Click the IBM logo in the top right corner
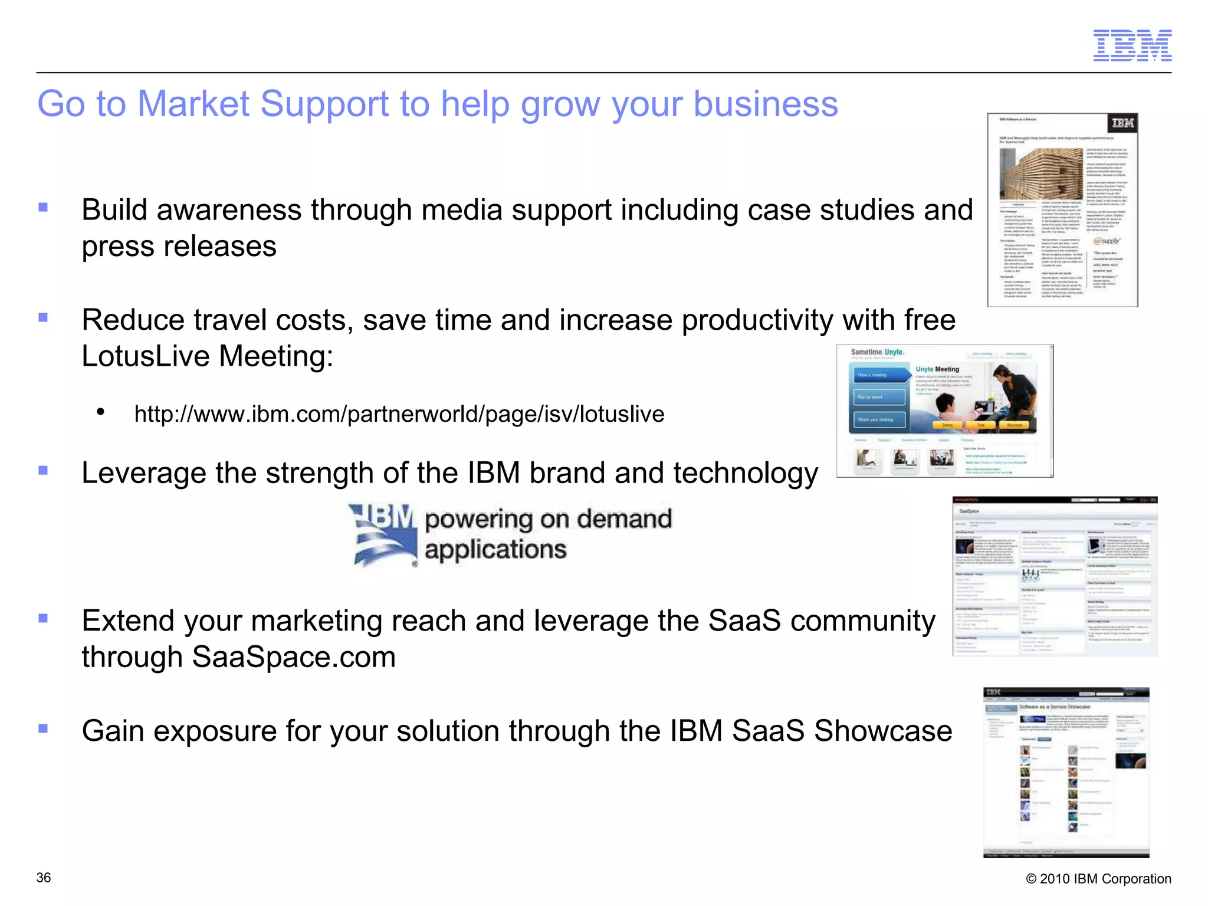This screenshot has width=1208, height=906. [1132, 45]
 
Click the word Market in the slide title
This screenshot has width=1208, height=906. [193, 104]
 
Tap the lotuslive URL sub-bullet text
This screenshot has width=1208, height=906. [399, 414]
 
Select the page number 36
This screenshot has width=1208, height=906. [44, 878]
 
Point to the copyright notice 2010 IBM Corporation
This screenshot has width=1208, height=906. [1098, 879]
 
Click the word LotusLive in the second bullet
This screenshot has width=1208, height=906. [145, 356]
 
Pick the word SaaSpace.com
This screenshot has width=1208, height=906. [294, 657]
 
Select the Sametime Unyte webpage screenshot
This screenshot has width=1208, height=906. [944, 411]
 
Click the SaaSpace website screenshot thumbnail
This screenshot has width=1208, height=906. [1055, 576]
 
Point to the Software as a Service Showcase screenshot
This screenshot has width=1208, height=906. [1066, 772]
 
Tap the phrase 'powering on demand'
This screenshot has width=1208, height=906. [548, 519]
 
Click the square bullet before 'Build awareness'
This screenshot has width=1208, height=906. [43, 207]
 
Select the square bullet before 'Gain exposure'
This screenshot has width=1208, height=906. [43, 728]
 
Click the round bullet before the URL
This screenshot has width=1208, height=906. [101, 412]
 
